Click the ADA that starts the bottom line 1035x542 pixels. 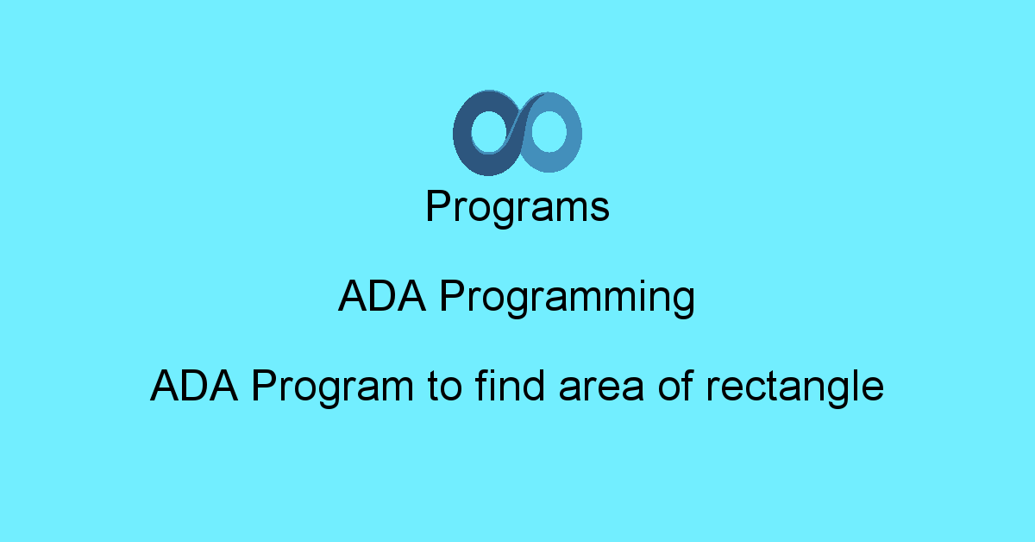pos(195,386)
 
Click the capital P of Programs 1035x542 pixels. pos(437,207)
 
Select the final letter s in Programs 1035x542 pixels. pos(602,211)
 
